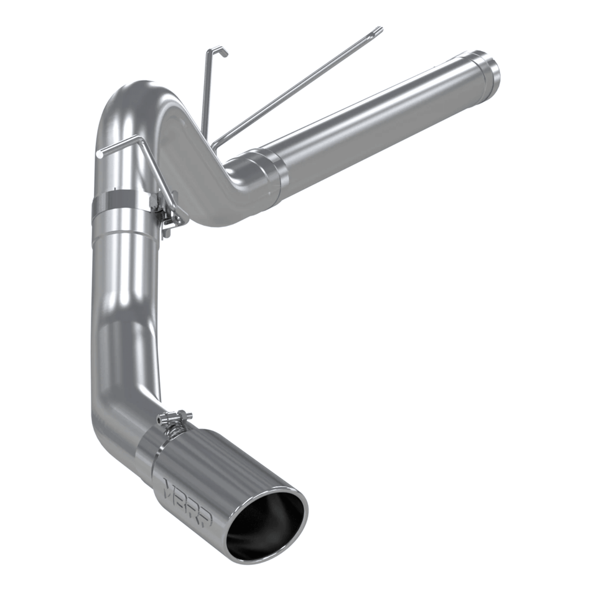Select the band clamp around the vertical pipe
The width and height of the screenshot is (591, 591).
[x=121, y=205]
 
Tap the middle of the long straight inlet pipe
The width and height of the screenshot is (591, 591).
[x=379, y=118]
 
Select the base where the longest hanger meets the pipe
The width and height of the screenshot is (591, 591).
[x=215, y=146]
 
